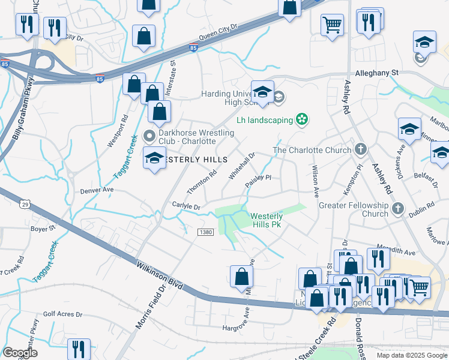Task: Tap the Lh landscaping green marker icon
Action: point(303,120)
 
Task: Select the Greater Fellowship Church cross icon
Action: point(397,209)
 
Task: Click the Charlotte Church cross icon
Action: point(360,148)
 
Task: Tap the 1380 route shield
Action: point(205,232)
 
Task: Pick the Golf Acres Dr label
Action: point(62,314)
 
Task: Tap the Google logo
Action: point(20,353)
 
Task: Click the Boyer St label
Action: point(43,228)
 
